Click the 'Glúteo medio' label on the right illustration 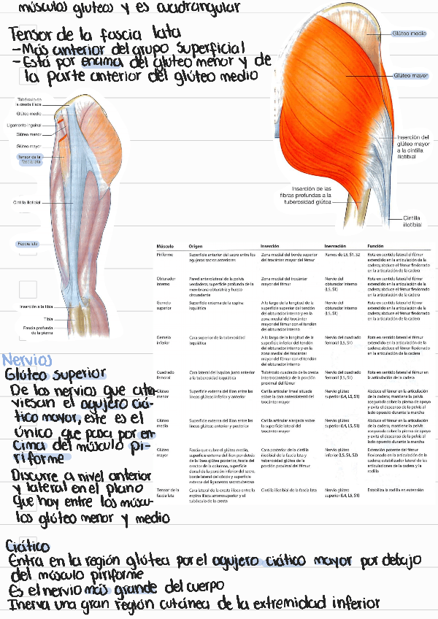(410, 34)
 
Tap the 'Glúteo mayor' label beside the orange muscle (410, 74)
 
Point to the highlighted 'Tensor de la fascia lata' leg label (30, 158)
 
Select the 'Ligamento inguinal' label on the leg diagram (28, 125)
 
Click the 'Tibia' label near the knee (27, 319)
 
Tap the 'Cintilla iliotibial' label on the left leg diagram (27, 202)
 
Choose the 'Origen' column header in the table (196, 246)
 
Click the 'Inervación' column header (336, 246)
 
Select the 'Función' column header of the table (376, 246)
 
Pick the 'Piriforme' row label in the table (165, 254)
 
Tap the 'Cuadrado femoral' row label (165, 375)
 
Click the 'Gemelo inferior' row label (164, 340)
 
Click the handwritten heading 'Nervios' (27, 360)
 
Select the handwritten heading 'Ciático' (28, 546)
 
